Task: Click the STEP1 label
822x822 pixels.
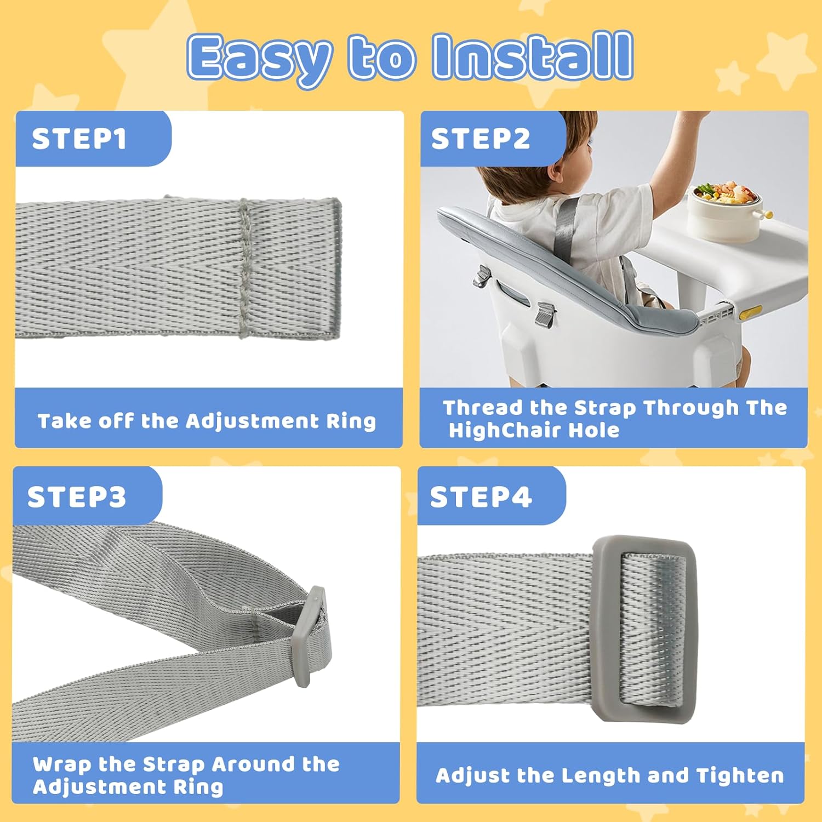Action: [79, 139]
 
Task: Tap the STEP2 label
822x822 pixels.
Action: [481, 139]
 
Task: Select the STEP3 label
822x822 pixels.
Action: [77, 497]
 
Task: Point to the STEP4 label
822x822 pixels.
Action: [481, 497]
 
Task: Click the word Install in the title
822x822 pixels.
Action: [533, 56]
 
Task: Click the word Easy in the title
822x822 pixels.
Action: [259, 59]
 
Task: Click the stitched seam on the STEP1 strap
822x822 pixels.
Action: [245, 267]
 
